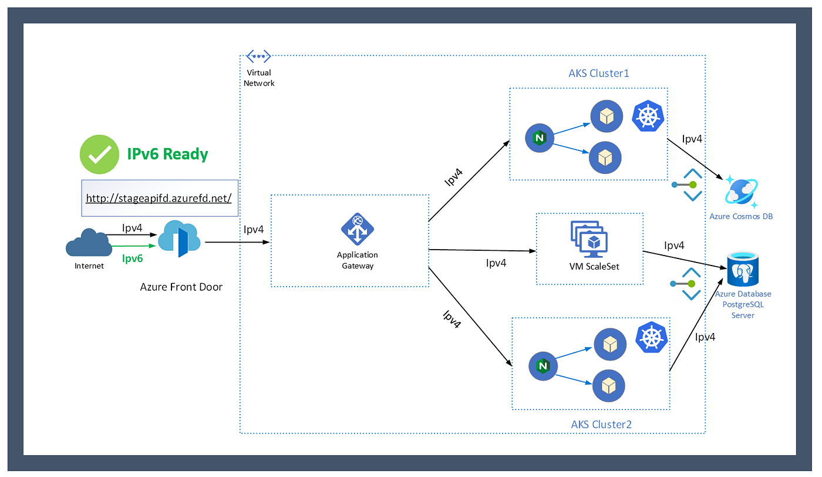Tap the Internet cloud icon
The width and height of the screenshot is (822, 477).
pos(89,241)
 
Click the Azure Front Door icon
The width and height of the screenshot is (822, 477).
pos(179,238)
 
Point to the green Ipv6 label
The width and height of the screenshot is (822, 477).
pos(132,258)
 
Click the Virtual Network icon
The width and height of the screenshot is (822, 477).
pos(258,56)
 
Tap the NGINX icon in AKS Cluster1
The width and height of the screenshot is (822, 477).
pos(540,138)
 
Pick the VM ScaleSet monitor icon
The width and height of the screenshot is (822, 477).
pos(589,239)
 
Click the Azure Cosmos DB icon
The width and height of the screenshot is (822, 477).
pos(741,192)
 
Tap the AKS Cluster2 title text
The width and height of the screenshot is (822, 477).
pos(601,424)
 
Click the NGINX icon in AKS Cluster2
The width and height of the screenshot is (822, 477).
pos(543,367)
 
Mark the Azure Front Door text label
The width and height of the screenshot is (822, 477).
pos(181,287)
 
